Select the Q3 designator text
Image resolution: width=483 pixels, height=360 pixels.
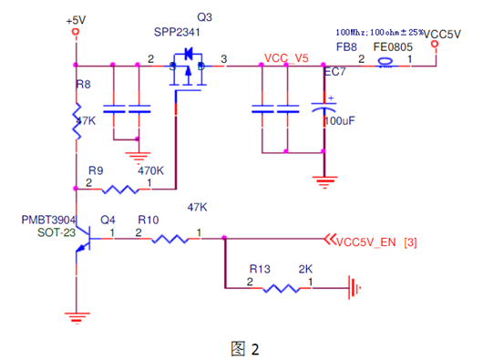205,17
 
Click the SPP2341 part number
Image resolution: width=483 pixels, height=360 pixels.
176,33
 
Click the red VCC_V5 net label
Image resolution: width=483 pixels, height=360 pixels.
286,57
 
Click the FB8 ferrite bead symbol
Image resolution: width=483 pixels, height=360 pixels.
385,64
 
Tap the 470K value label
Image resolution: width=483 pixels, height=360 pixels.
150,170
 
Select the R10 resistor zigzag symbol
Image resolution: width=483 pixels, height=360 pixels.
170,240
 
